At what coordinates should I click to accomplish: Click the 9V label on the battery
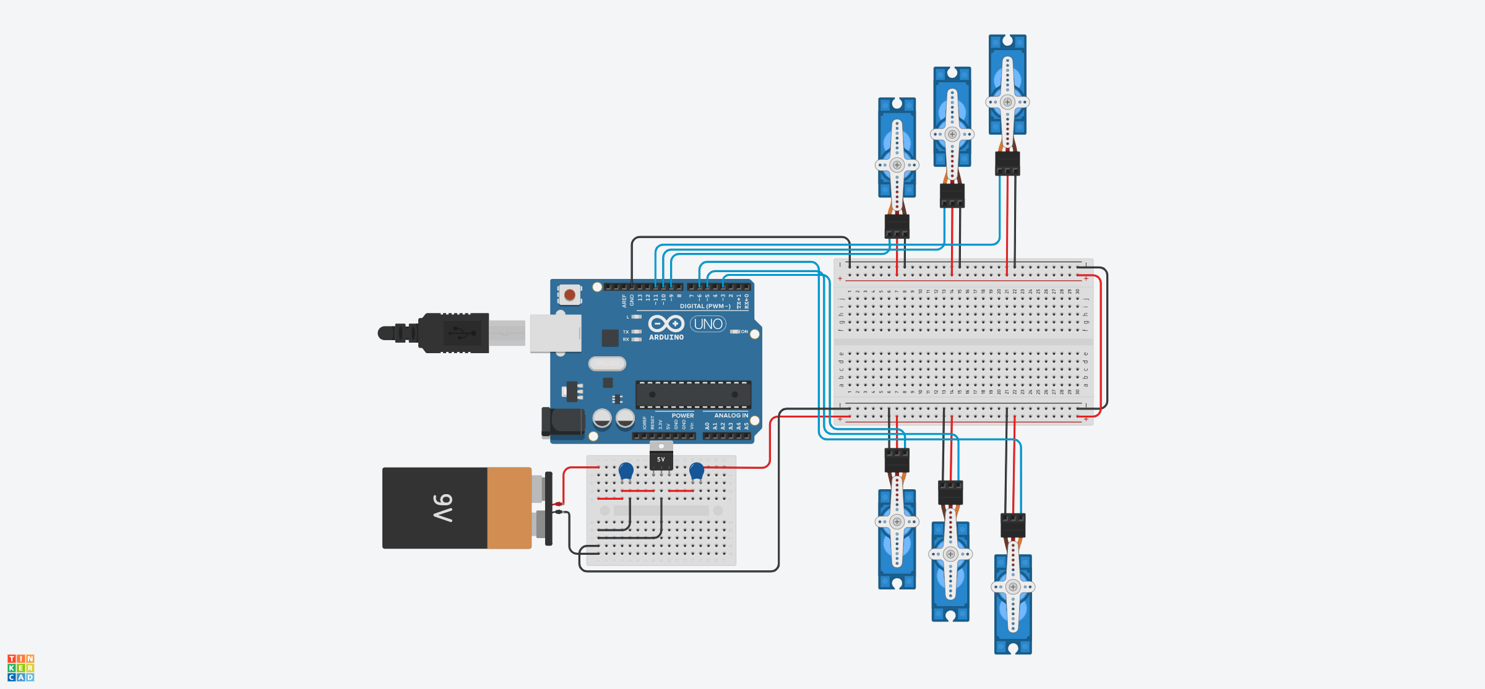click(x=443, y=508)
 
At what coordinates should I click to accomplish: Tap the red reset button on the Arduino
click(x=570, y=295)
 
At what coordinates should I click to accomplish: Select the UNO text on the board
click(x=708, y=324)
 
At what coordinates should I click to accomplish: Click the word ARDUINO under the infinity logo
click(x=666, y=338)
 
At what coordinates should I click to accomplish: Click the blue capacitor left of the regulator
click(x=626, y=471)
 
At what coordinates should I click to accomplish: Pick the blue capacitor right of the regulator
click(x=697, y=471)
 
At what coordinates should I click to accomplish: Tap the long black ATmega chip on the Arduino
click(x=693, y=394)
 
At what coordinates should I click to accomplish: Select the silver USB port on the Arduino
click(x=555, y=333)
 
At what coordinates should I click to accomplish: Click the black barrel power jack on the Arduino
click(x=564, y=422)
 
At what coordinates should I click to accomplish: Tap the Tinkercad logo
click(x=21, y=668)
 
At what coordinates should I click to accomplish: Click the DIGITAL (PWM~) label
click(x=705, y=306)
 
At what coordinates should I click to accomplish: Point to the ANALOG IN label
click(x=731, y=416)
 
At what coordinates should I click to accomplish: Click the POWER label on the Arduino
click(x=682, y=416)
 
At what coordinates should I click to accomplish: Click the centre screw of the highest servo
click(x=1007, y=102)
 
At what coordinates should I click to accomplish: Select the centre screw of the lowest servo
click(x=1013, y=587)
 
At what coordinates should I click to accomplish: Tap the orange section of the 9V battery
click(x=509, y=508)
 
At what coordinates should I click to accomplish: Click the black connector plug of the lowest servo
click(x=1013, y=526)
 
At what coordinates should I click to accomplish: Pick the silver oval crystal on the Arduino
click(x=607, y=364)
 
